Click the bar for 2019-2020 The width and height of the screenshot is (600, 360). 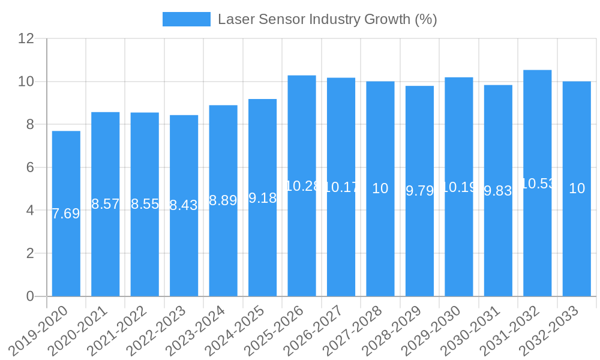[x=66, y=240]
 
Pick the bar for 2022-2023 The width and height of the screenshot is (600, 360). [x=184, y=240]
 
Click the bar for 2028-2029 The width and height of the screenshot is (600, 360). [x=419, y=240]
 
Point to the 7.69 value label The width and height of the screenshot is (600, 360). [x=66, y=214]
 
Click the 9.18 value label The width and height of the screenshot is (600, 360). [x=262, y=198]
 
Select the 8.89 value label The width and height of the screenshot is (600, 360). [x=223, y=201]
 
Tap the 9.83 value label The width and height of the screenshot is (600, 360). [x=498, y=191]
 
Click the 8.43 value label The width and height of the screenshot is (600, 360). [x=184, y=206]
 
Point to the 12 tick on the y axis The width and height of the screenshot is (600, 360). [x=26, y=38]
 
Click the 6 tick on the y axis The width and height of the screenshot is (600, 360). [x=30, y=167]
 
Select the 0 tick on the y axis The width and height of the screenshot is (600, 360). [x=30, y=296]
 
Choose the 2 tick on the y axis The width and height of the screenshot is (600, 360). [x=30, y=253]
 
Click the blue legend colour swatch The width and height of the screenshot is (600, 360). [x=187, y=19]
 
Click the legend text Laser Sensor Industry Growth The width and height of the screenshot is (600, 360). [x=327, y=19]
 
